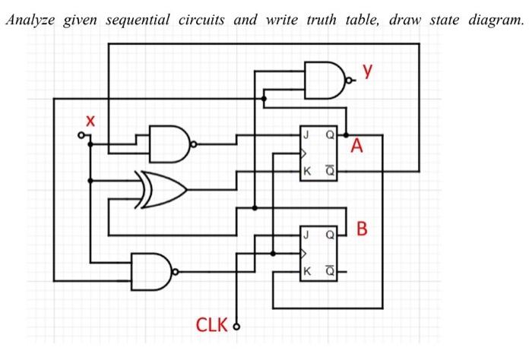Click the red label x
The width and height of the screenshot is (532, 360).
(90, 120)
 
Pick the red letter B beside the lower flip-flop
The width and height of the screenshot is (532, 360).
(363, 228)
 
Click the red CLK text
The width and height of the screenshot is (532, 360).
(212, 326)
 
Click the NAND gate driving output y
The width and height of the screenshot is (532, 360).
(324, 79)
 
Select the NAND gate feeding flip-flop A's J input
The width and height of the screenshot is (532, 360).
(170, 144)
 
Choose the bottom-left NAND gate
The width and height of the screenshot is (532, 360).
(152, 270)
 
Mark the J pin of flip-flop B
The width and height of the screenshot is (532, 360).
(306, 235)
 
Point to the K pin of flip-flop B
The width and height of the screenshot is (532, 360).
(306, 270)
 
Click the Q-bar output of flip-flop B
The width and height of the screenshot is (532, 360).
(329, 270)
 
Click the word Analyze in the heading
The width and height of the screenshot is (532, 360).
(31, 20)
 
